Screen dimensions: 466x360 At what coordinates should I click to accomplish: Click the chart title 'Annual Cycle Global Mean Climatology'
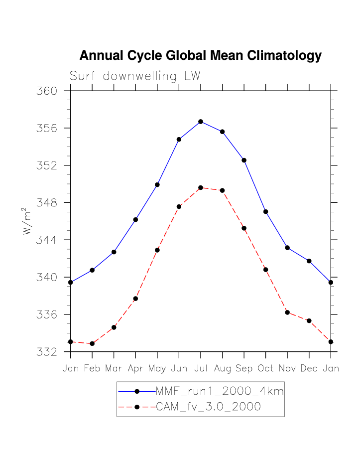[x=200, y=55]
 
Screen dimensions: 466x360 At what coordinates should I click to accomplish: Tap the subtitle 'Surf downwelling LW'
[x=135, y=76]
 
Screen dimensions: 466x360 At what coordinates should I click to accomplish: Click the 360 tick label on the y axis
[x=48, y=91]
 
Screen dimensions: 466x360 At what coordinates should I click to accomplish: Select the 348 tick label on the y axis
[x=48, y=203]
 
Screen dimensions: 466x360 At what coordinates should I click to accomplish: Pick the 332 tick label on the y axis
[x=48, y=352]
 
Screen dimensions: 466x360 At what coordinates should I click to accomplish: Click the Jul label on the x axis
[x=201, y=369]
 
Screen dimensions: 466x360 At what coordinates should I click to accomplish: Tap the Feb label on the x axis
[x=92, y=369]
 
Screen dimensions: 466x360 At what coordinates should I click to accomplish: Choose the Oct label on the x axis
[x=266, y=369]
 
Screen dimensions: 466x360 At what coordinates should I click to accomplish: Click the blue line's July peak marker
[x=201, y=122]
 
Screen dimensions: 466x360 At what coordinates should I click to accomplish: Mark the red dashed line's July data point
[x=201, y=188]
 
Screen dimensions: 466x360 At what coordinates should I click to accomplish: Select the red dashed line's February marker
[x=92, y=343]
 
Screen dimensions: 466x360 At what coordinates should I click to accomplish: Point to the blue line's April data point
[x=135, y=219]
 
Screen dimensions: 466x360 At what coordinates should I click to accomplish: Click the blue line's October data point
[x=266, y=212]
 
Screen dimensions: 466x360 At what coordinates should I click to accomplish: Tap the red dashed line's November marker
[x=287, y=312]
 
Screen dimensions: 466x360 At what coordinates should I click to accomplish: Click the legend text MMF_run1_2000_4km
[x=220, y=391]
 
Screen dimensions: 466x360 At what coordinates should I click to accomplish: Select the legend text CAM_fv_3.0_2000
[x=209, y=407]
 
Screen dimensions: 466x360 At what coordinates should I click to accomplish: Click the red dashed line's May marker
[x=157, y=250]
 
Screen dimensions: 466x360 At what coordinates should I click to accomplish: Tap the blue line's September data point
[x=244, y=160]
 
